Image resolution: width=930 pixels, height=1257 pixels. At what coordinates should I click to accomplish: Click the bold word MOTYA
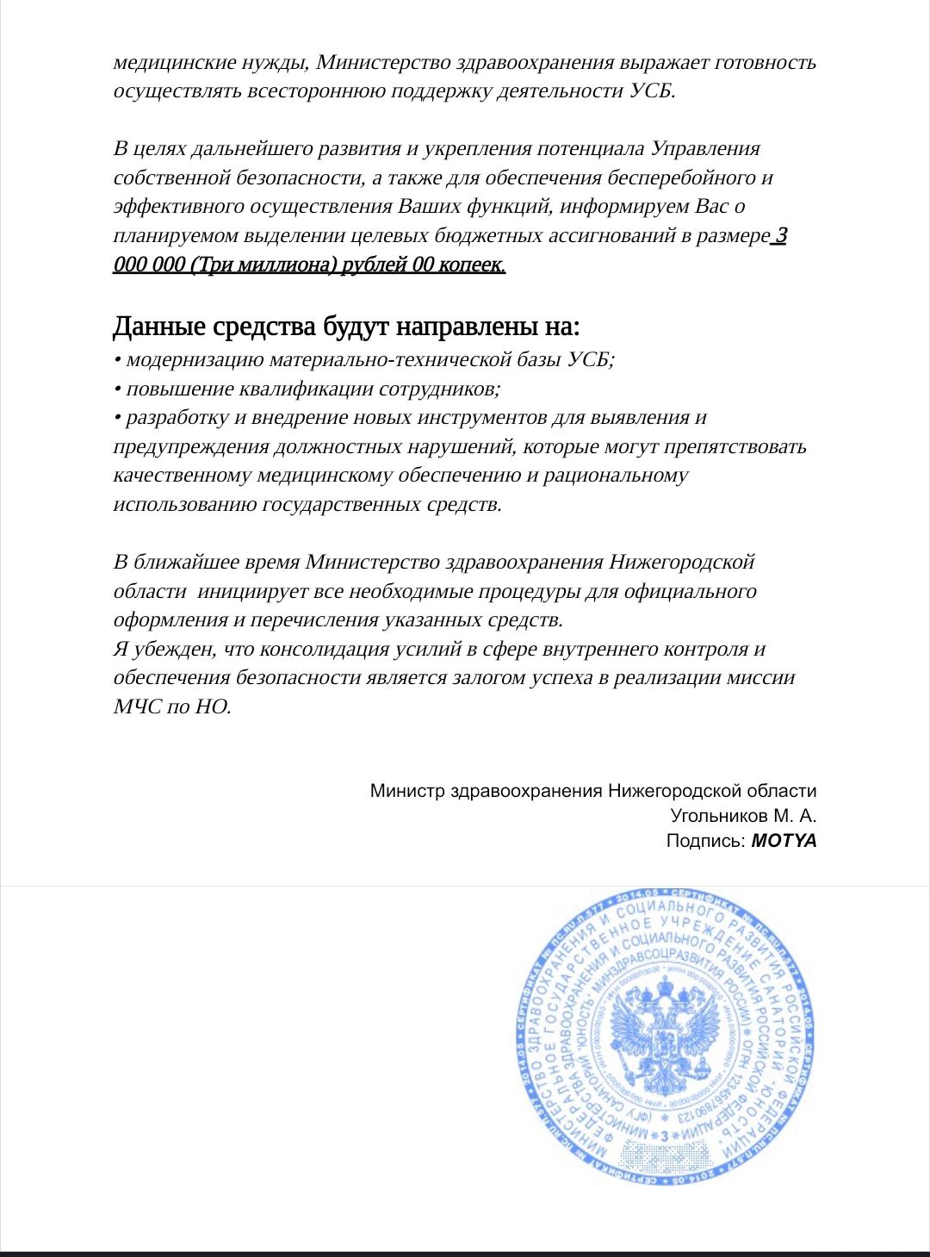[x=784, y=841]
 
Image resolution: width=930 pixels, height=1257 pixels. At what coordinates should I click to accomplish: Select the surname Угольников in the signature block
[x=719, y=816]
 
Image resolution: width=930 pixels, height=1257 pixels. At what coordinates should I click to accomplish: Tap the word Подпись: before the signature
[x=705, y=841]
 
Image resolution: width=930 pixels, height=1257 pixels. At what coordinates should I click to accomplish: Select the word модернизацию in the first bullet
[x=195, y=360]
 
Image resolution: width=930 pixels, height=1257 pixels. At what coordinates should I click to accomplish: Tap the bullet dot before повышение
[x=117, y=389]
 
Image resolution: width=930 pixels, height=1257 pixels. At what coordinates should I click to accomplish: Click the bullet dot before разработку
[x=117, y=419]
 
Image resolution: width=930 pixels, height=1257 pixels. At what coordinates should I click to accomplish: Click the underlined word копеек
[x=469, y=264]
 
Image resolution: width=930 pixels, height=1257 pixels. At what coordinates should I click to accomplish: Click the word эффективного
[x=179, y=207]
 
